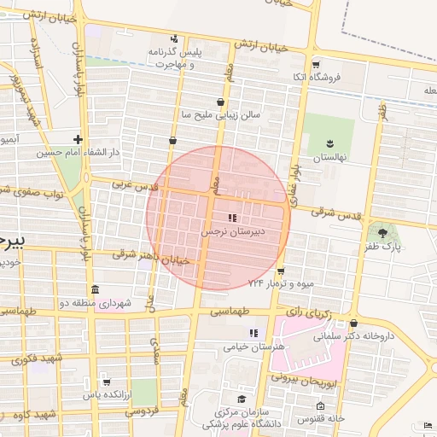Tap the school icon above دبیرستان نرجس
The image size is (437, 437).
point(233,218)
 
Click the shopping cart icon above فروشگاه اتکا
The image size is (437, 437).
point(316,65)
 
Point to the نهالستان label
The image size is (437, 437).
point(330,158)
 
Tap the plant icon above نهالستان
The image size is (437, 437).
point(330,145)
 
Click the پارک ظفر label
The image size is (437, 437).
point(383,248)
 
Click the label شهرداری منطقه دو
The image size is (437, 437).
point(95,302)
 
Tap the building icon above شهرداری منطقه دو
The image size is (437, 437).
point(94,288)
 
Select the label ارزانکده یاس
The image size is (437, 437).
point(107,394)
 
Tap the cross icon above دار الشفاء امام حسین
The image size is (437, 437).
point(79,139)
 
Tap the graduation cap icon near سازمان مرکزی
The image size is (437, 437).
point(242,399)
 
